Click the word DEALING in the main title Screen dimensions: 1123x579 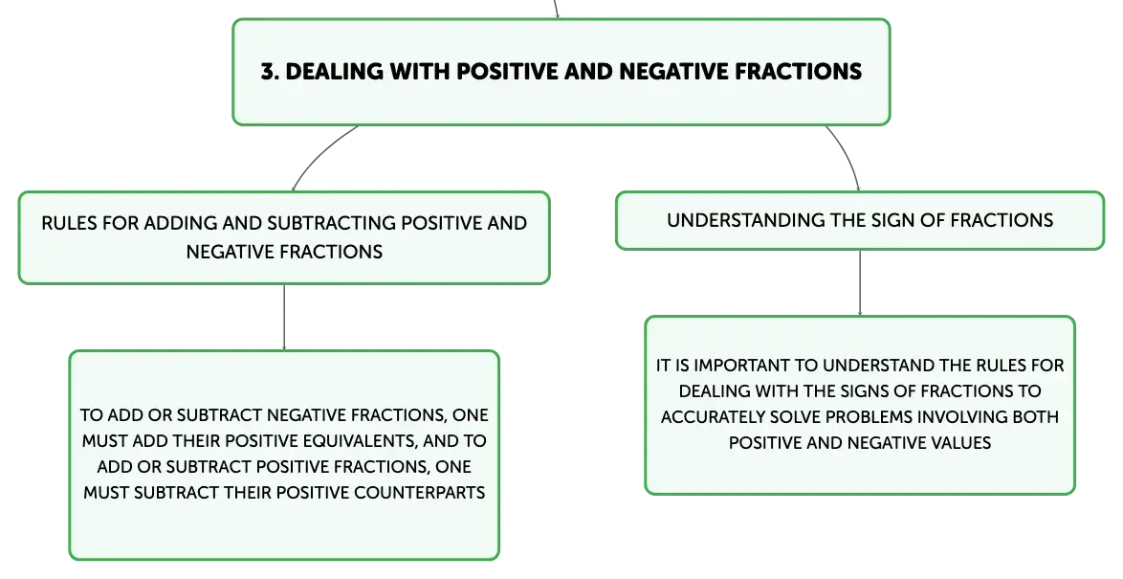(323, 71)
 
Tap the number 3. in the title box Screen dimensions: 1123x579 (270, 71)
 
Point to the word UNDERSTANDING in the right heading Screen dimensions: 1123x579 (746, 220)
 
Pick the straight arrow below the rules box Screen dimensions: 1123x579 (284, 318)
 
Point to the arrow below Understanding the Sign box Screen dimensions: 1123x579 (860, 283)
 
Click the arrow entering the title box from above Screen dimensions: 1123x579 (557, 10)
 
